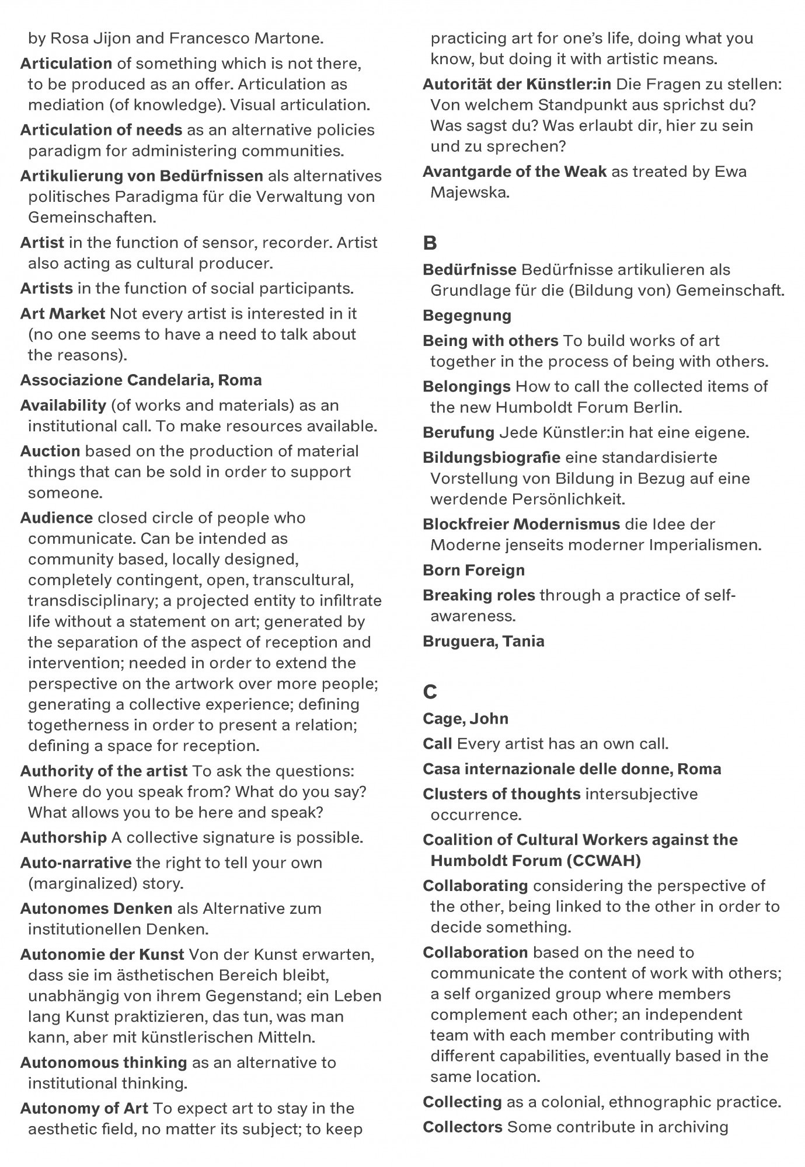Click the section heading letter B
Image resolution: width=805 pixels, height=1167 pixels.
(430, 243)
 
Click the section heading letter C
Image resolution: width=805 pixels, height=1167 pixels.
(430, 692)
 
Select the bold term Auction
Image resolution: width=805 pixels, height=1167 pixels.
(50, 451)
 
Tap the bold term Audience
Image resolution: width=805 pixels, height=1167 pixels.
(57, 518)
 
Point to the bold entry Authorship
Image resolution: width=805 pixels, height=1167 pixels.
(64, 837)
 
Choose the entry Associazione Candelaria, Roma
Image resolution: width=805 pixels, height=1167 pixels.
(141, 380)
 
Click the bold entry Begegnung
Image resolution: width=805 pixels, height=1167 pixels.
(467, 316)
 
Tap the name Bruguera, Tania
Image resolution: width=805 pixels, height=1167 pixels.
(483, 641)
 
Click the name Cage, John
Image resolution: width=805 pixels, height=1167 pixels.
(465, 718)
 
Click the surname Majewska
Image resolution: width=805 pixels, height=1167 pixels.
(469, 192)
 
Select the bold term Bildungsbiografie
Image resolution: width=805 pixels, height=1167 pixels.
(492, 457)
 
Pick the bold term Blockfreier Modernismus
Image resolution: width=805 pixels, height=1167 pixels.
(521, 524)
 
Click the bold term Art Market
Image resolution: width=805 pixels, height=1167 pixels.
(62, 313)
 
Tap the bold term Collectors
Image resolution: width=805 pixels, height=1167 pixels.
(462, 1127)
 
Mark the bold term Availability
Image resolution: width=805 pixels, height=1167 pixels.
(63, 405)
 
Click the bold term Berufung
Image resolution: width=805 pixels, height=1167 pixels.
(458, 432)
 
